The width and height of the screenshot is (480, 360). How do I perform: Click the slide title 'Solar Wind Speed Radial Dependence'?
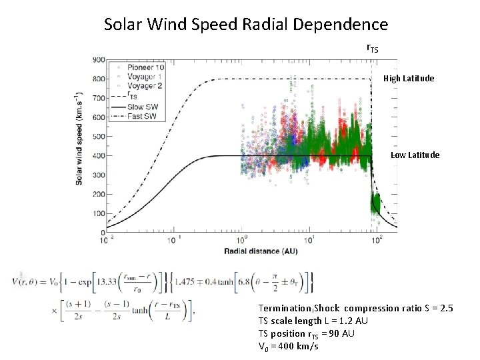(x=246, y=25)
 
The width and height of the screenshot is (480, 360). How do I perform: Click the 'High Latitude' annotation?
(x=409, y=79)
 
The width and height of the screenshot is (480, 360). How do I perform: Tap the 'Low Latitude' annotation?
(x=415, y=155)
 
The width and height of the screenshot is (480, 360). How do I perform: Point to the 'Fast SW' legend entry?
(x=141, y=117)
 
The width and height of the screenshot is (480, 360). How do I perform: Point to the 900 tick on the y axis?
(x=97, y=60)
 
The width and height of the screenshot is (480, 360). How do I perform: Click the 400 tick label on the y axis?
(x=97, y=156)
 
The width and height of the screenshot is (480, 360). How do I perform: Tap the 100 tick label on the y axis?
(x=97, y=214)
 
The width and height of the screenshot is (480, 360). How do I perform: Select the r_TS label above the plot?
(x=373, y=49)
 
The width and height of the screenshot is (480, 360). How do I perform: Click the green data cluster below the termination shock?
(x=375, y=201)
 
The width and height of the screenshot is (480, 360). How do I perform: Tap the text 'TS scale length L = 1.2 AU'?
(x=313, y=321)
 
